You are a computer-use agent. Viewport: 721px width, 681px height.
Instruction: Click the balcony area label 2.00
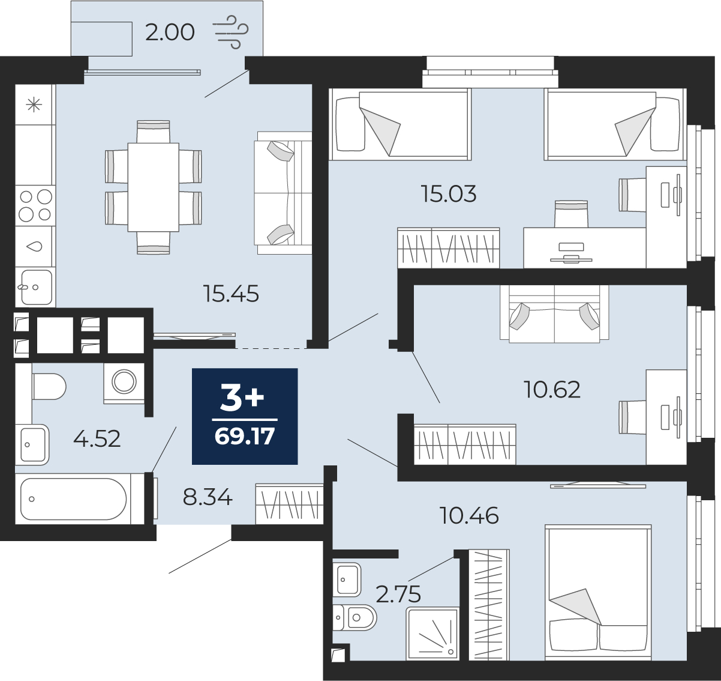coord(170,32)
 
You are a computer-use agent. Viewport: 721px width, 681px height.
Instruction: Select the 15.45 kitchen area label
coord(232,294)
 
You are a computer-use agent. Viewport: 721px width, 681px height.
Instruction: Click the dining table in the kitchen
coord(153,187)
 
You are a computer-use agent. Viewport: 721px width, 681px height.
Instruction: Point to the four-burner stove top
coord(35,206)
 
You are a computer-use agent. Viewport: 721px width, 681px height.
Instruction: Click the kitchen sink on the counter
coord(35,287)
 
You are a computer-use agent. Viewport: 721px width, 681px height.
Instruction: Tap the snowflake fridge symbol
coord(34,105)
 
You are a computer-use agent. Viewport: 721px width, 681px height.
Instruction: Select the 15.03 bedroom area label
coord(449,194)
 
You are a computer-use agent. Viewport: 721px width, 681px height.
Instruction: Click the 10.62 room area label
coord(552,389)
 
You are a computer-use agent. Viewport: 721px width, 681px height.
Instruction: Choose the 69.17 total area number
coord(245,437)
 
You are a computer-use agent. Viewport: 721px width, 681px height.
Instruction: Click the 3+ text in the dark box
coord(242,399)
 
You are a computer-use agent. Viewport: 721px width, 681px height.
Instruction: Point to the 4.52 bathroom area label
coord(97,439)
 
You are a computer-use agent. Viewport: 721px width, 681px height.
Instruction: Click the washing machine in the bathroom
coord(124,383)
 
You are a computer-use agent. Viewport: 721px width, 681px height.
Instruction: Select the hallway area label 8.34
coord(208,497)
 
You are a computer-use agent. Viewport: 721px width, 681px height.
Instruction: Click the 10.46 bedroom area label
coord(469,516)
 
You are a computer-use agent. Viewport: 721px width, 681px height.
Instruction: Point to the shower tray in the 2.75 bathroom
coord(432,634)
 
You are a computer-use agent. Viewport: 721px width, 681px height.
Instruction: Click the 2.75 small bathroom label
coord(398,595)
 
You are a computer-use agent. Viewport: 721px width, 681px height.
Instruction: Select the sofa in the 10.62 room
coord(554,313)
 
